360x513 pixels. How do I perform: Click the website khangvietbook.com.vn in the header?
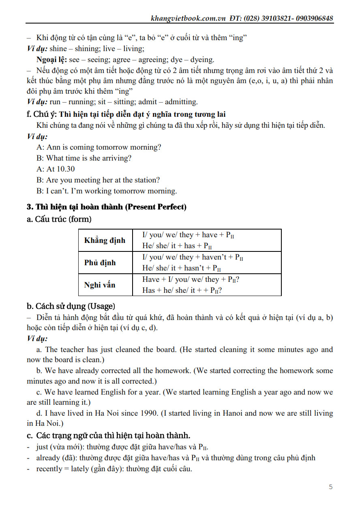189,18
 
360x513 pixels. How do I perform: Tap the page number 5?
331,487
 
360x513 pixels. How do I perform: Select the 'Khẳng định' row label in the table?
105,240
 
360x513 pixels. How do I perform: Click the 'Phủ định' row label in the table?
100,263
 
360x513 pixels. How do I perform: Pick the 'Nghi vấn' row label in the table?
100,285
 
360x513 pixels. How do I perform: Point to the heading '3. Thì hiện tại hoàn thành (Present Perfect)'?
107,207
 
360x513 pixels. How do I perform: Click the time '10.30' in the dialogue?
66,169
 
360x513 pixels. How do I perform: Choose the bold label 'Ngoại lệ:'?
51,60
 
